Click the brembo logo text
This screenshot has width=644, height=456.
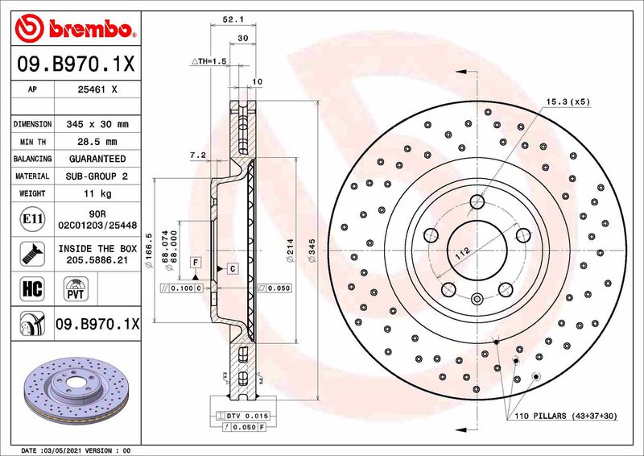tap(87, 29)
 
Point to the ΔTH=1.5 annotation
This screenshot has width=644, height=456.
tap(209, 61)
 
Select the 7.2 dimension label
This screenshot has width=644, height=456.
tap(197, 154)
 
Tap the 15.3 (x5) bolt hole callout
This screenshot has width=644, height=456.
tap(568, 102)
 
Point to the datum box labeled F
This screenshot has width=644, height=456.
tap(194, 263)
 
